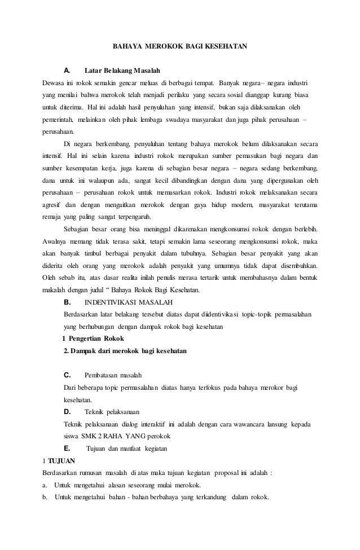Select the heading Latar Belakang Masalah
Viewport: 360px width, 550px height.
coord(122,72)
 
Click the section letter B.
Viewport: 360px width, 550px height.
coord(67,302)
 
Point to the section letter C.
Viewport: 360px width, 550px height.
coord(67,375)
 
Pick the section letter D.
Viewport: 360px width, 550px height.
coord(67,412)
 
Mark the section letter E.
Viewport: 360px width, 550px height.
coord(67,448)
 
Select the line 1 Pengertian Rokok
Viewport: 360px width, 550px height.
coord(93,339)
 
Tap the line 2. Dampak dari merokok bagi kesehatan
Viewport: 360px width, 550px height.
coord(125,351)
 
